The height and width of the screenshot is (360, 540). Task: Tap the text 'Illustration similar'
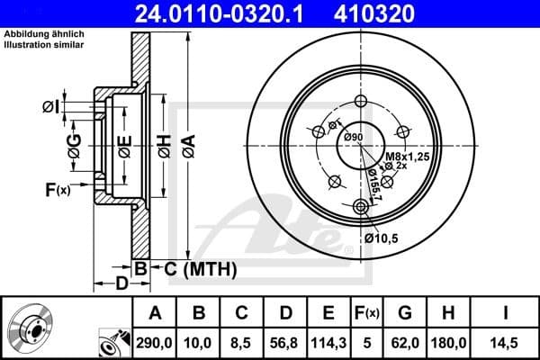(45, 43)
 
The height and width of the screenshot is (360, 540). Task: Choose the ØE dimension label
(124, 143)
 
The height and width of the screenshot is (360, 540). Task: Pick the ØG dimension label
(75, 143)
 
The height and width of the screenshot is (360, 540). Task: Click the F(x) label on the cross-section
(57, 189)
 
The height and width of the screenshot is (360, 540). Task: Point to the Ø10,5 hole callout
(382, 238)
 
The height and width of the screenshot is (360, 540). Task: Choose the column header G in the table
(404, 313)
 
